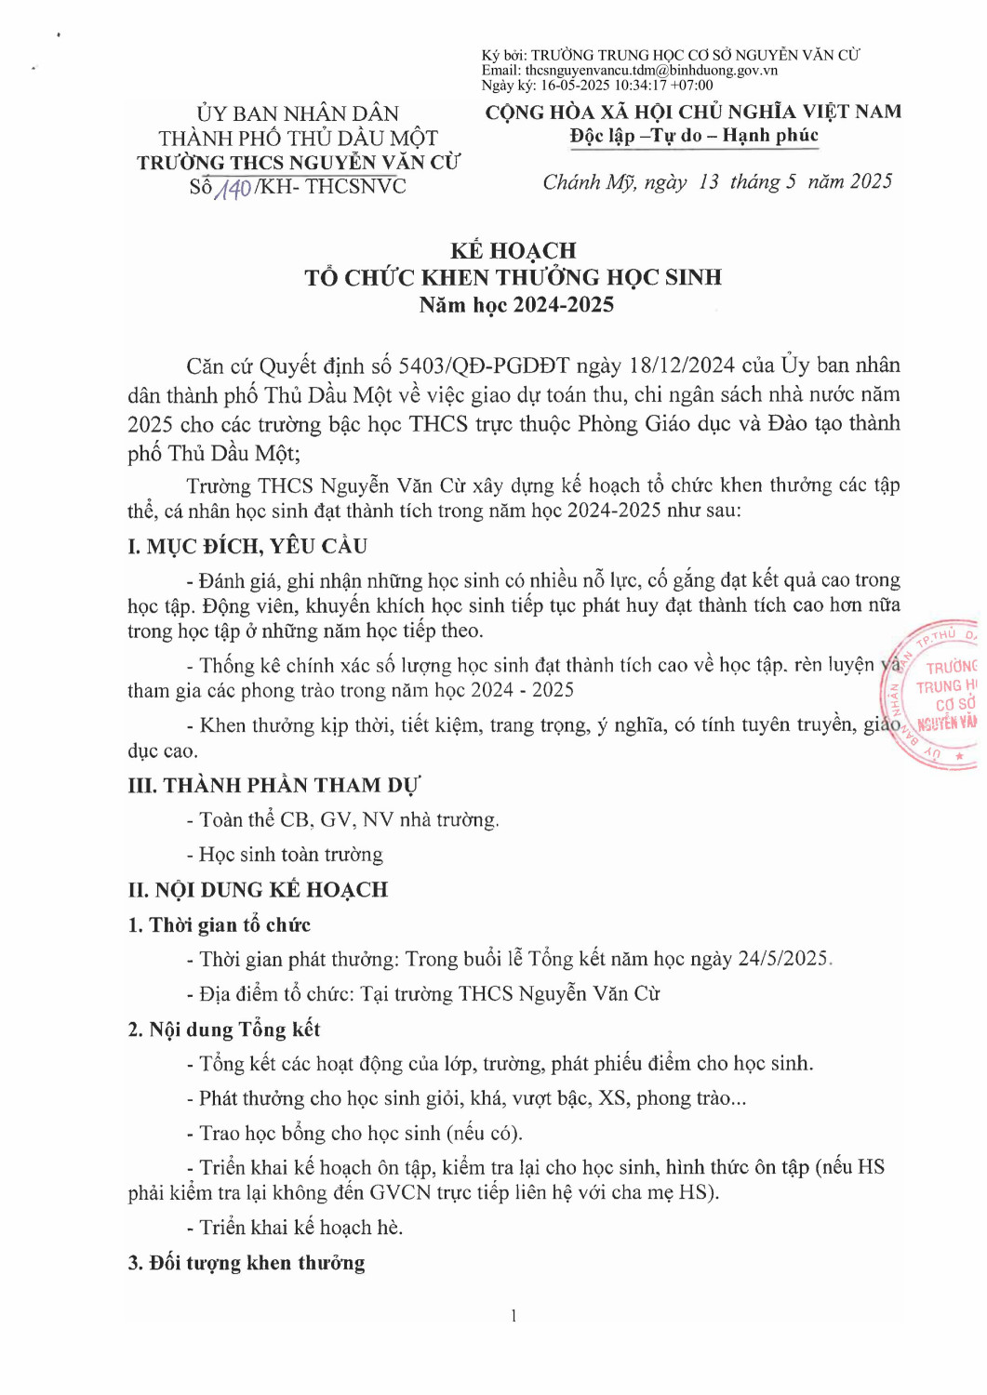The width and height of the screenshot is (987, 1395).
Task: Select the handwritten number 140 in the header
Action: pos(233,189)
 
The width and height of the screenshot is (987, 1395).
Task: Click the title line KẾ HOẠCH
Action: pos(513,250)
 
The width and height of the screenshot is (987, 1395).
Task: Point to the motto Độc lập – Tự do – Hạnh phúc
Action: pos(694,136)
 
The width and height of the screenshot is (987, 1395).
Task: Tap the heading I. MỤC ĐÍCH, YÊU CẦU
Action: pos(247,546)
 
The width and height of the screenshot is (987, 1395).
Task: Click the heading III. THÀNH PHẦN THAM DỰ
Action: pos(273,785)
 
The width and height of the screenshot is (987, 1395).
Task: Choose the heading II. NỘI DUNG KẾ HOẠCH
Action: pos(258,889)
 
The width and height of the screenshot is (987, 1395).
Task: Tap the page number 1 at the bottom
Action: pos(513,1315)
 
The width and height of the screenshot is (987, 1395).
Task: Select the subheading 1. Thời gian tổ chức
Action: pos(220,924)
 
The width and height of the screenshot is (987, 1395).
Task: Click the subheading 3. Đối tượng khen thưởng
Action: pos(247,1262)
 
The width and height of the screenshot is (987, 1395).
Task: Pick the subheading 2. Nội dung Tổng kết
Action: pos(224,1029)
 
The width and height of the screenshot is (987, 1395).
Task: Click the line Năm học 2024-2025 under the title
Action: pos(516,304)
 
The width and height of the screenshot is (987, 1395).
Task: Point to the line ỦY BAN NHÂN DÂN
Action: pos(298,113)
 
